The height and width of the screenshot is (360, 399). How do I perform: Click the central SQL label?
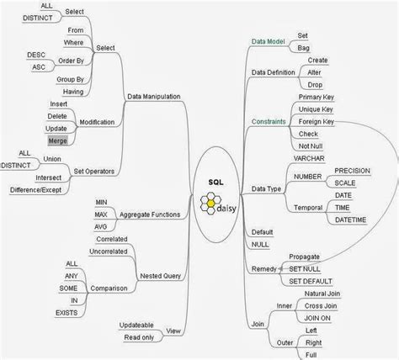(215, 183)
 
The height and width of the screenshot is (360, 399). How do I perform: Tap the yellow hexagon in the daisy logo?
(210, 203)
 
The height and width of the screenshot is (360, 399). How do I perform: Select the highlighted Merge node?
(57, 140)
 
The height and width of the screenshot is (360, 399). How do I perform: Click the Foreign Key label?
(317, 122)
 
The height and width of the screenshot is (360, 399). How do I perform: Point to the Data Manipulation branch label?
(154, 97)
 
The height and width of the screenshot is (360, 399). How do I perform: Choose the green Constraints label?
(269, 122)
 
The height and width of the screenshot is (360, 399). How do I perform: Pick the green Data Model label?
(268, 41)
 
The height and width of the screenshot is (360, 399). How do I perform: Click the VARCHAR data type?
(309, 158)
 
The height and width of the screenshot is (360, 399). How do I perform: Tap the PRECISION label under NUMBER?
(352, 171)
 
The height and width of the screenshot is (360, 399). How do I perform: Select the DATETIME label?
(350, 220)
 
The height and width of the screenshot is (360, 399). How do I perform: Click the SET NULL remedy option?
(305, 269)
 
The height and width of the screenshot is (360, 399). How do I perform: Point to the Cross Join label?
(321, 306)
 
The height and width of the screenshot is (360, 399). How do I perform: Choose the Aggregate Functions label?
(150, 214)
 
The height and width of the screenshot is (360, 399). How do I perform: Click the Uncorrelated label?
(109, 251)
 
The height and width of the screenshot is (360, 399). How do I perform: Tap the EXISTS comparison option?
(66, 313)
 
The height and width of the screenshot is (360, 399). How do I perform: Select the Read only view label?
(139, 337)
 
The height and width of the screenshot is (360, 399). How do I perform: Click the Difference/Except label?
(35, 190)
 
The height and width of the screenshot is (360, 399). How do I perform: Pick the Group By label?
(70, 80)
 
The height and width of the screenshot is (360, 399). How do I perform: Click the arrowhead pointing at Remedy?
(280, 268)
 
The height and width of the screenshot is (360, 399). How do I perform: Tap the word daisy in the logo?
(226, 209)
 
